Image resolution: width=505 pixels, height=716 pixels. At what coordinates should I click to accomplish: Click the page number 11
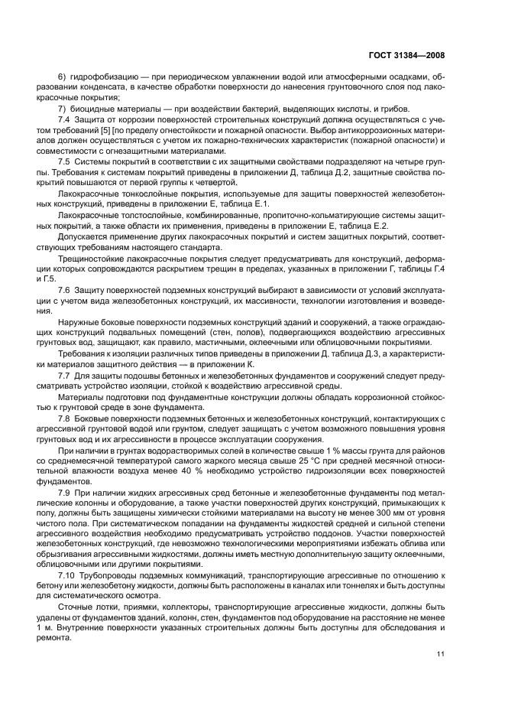pyautogui.click(x=441, y=653)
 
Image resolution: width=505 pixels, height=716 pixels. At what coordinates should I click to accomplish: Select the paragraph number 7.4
pyautogui.click(x=64, y=120)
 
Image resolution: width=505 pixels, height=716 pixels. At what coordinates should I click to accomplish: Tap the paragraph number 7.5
pyautogui.click(x=64, y=165)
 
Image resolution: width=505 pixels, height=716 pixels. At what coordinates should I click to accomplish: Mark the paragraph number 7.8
pyautogui.click(x=64, y=421)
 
